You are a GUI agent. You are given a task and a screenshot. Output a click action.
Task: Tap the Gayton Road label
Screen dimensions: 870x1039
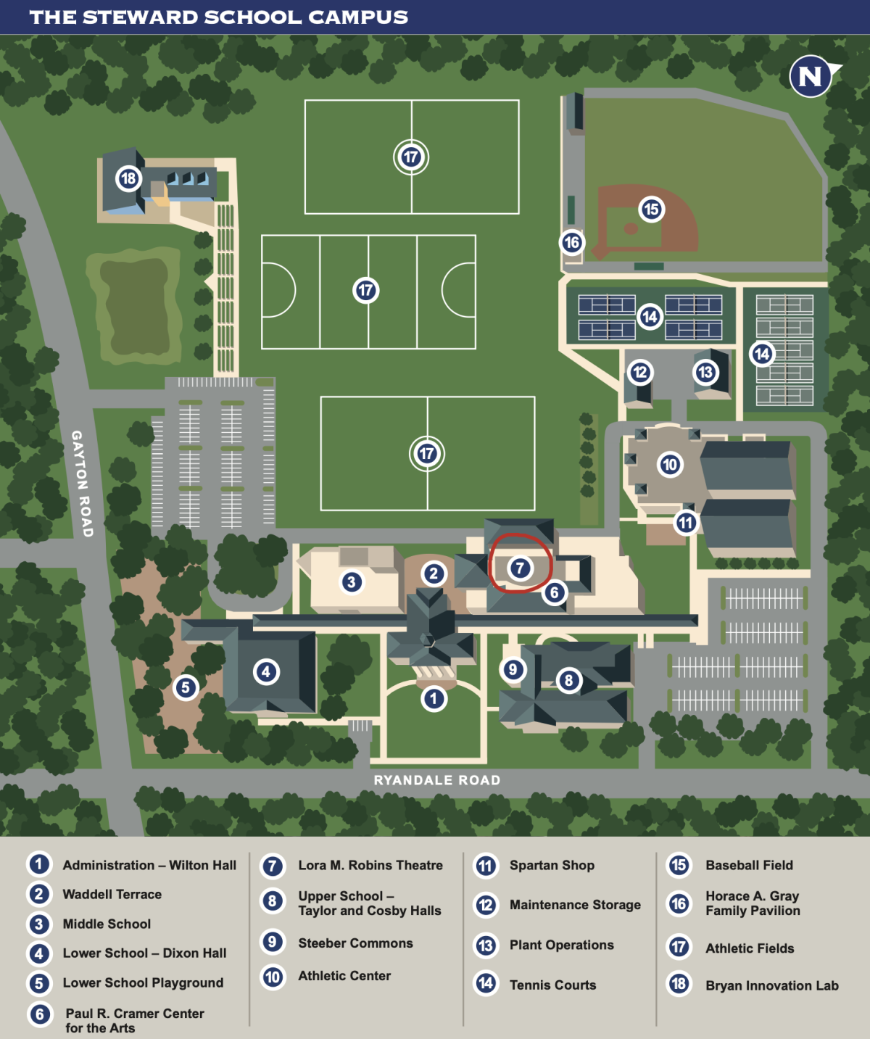pyautogui.click(x=83, y=484)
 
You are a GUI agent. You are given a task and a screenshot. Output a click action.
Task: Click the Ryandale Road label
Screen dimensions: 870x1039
pyautogui.click(x=437, y=779)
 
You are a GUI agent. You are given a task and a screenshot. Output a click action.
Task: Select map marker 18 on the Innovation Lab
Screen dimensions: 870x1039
pyautogui.click(x=128, y=178)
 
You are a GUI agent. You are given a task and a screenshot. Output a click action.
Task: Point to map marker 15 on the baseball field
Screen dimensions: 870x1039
pyautogui.click(x=651, y=209)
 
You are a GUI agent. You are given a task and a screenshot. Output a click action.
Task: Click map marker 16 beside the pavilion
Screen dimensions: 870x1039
pyautogui.click(x=571, y=242)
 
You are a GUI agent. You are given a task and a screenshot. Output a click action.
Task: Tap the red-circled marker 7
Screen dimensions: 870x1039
pyautogui.click(x=520, y=568)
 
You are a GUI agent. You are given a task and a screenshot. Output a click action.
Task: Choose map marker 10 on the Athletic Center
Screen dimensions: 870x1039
pyautogui.click(x=669, y=464)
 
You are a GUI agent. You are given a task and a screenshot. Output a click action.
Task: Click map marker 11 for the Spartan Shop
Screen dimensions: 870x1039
pyautogui.click(x=686, y=523)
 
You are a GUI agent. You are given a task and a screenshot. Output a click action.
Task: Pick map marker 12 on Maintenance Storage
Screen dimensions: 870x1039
pyautogui.click(x=639, y=372)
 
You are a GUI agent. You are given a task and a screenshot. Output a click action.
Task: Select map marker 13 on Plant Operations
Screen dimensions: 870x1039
pyautogui.click(x=705, y=372)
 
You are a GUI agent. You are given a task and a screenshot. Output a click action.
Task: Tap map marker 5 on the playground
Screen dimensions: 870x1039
pyautogui.click(x=186, y=687)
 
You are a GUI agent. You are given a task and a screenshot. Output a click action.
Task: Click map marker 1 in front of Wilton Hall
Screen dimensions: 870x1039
pyautogui.click(x=434, y=699)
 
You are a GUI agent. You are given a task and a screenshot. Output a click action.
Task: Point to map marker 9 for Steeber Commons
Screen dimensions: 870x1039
pyautogui.click(x=513, y=669)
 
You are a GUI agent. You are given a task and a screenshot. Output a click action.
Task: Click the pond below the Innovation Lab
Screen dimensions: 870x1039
pyautogui.click(x=134, y=309)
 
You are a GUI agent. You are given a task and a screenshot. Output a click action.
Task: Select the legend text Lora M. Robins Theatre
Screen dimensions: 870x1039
pyautogui.click(x=370, y=865)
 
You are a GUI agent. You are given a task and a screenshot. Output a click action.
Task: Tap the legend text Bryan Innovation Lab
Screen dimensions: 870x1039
pyautogui.click(x=772, y=985)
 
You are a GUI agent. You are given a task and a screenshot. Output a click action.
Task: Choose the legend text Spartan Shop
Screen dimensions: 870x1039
pyautogui.click(x=552, y=865)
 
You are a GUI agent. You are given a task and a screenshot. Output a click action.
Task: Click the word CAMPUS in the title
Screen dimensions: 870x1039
pyautogui.click(x=358, y=17)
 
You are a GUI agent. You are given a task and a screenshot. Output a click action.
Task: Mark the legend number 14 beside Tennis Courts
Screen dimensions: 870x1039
pyautogui.click(x=486, y=983)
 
